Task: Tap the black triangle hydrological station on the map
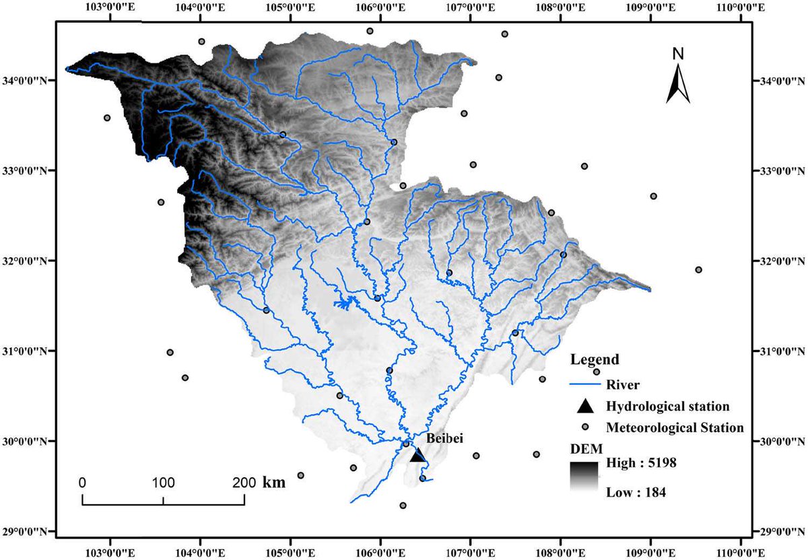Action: point(418,455)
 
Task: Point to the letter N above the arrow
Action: point(678,53)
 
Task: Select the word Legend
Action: point(595,360)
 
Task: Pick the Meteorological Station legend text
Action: point(675,427)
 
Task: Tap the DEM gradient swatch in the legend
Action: point(584,477)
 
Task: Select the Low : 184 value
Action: point(636,493)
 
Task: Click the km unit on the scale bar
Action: point(273,483)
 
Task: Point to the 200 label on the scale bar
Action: point(244,483)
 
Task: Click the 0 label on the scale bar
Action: point(82,483)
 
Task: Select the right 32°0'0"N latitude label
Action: point(781,260)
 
